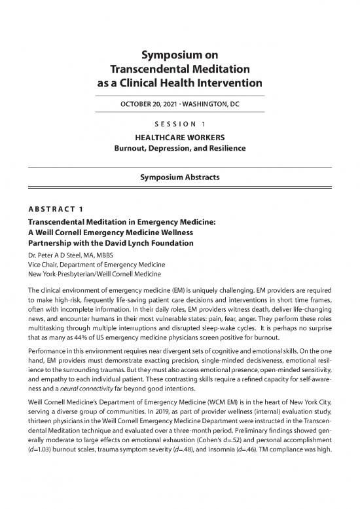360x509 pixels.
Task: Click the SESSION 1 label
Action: [180, 124]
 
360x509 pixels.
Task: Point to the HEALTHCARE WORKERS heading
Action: [180, 138]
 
